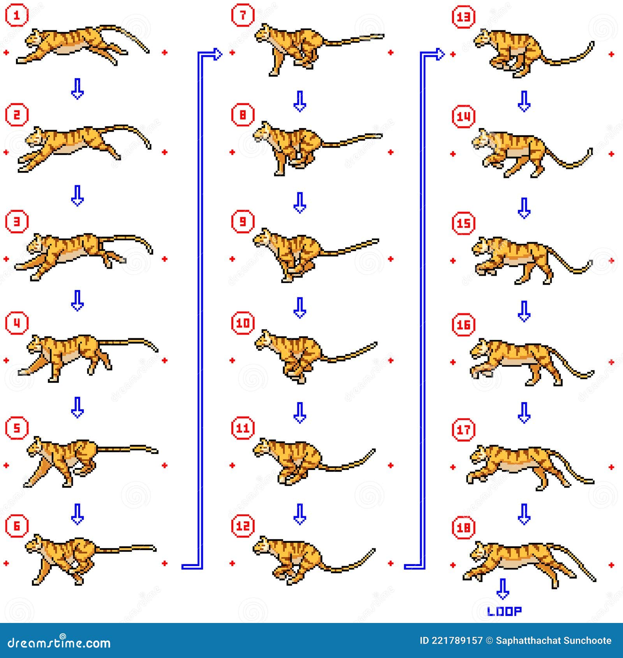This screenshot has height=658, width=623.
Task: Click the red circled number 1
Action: pos(16,16)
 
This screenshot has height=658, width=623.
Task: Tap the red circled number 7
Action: pos(243,16)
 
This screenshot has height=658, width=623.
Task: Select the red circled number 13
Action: pos(463,17)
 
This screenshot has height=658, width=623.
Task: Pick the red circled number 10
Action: pos(243,323)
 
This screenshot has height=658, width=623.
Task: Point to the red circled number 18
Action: pos(463,528)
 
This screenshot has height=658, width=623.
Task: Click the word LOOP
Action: pos(504,611)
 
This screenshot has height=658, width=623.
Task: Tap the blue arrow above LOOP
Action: pos(503,589)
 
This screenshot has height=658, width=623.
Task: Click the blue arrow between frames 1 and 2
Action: pos(77,89)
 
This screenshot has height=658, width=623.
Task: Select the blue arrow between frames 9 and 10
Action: pos(299,308)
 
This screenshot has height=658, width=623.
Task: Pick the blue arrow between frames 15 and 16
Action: pos(524,311)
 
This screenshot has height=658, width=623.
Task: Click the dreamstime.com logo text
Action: pos(59,642)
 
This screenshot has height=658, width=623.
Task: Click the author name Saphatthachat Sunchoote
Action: pos(553,640)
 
